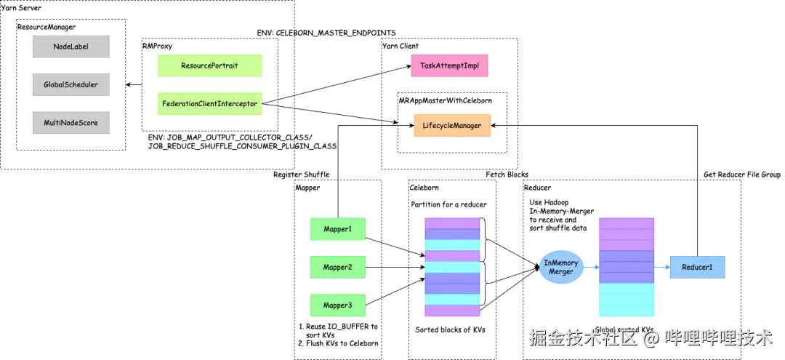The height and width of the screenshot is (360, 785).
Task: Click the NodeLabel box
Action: (x=70, y=47)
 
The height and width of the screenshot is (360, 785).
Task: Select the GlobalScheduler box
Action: (x=70, y=85)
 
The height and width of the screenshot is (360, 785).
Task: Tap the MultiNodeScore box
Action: (x=70, y=123)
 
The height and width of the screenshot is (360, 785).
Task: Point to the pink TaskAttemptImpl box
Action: (x=449, y=66)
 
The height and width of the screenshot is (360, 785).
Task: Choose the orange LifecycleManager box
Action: (x=452, y=126)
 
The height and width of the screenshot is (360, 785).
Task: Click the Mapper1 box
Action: (x=337, y=230)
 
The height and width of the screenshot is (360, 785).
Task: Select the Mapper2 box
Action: (x=337, y=268)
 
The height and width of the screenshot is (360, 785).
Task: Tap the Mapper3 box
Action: (x=337, y=305)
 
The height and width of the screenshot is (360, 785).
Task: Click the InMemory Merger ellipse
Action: (x=561, y=267)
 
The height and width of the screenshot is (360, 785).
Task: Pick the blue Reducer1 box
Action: (x=697, y=268)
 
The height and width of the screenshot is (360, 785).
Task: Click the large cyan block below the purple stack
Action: (x=627, y=300)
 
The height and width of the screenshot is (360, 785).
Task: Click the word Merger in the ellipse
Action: (x=561, y=272)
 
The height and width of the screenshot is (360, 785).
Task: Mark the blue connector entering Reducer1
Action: (x=662, y=268)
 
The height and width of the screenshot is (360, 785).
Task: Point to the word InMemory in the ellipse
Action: (x=561, y=263)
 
